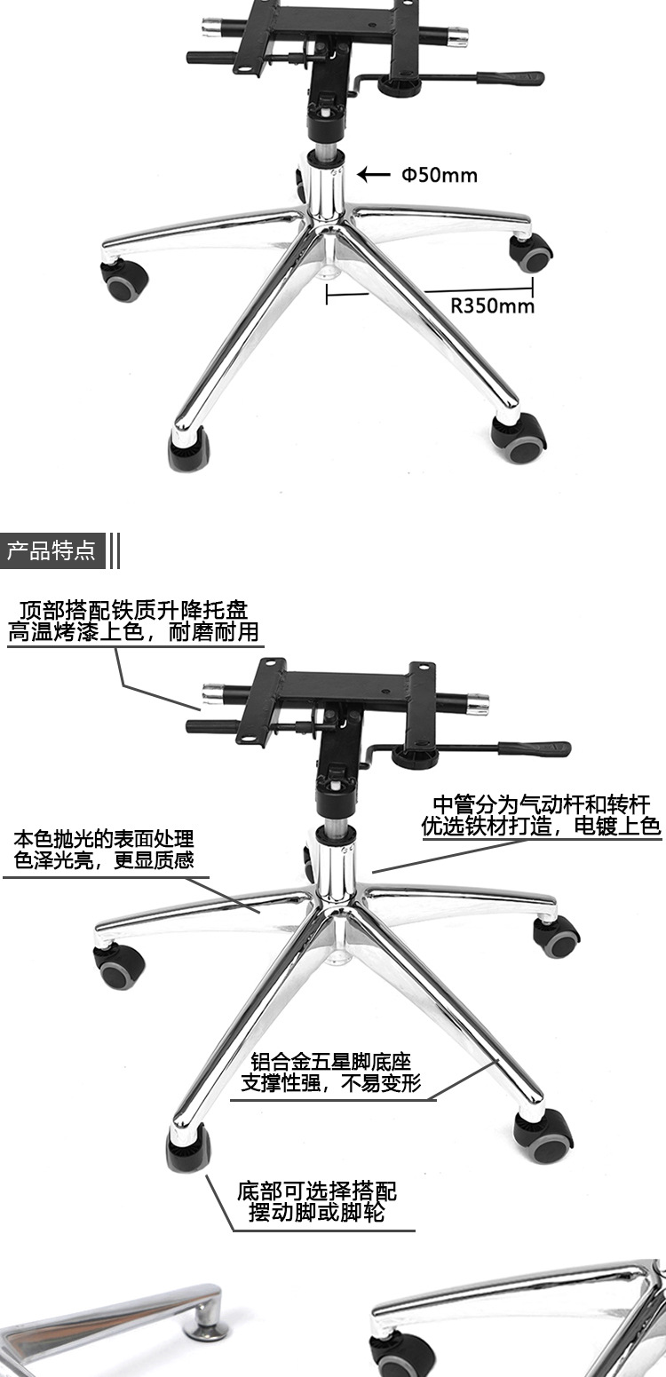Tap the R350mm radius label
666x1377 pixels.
pyautogui.click(x=492, y=306)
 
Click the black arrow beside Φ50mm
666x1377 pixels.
pyautogui.click(x=374, y=175)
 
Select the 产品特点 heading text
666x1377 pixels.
pyautogui.click(x=52, y=550)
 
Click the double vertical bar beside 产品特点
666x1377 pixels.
pyautogui.click(x=114, y=550)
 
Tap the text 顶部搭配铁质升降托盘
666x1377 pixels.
pyautogui.click(x=133, y=611)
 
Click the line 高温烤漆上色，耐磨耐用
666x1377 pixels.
pyautogui.click(x=133, y=632)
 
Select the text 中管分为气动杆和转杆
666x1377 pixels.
pyautogui.click(x=541, y=805)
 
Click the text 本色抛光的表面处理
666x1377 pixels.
pyautogui.click(x=104, y=839)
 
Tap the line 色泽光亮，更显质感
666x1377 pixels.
pyautogui.click(x=104, y=860)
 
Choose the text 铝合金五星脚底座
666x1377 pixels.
pyautogui.click(x=331, y=1062)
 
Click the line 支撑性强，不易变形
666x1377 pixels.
pyautogui.click(x=331, y=1083)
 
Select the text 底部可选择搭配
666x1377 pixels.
pyautogui.click(x=317, y=1191)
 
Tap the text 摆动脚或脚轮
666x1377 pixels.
pyautogui.click(x=317, y=1212)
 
